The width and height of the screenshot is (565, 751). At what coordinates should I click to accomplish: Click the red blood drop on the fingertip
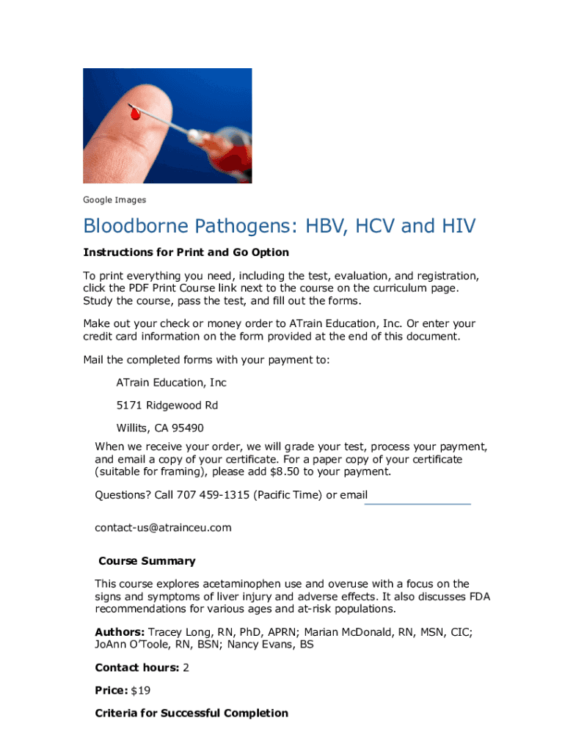[134, 114]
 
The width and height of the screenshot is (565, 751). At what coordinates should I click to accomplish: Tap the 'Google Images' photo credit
[114, 199]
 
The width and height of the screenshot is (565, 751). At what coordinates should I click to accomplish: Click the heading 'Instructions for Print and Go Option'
[186, 252]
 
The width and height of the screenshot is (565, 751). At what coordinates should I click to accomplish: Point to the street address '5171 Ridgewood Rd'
[167, 406]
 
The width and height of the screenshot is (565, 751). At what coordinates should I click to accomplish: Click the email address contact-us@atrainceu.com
[163, 527]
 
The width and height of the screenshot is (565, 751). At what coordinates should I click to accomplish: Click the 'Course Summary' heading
[147, 561]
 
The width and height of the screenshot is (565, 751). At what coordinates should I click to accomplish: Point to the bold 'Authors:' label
[120, 632]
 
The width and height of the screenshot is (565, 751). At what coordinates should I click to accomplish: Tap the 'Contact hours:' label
[137, 667]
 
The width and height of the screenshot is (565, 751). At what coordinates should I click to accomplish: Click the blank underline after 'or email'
[419, 503]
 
